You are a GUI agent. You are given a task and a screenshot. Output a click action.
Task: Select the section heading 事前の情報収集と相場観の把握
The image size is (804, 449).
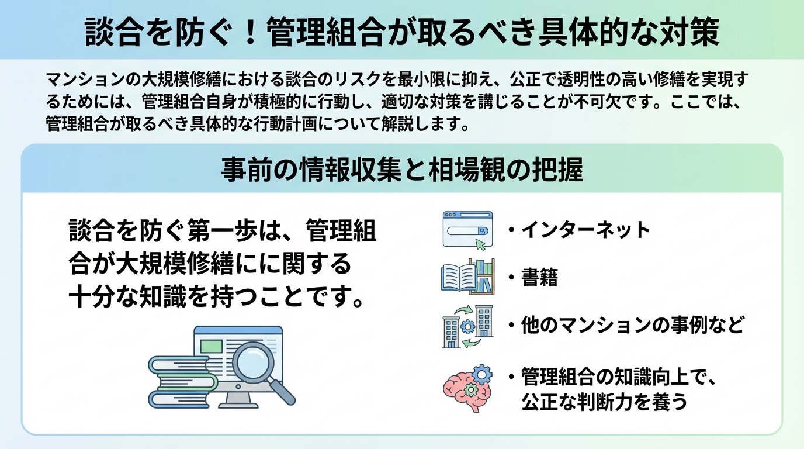point(402,170)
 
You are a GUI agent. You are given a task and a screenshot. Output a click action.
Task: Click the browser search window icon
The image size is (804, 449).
point(467,230)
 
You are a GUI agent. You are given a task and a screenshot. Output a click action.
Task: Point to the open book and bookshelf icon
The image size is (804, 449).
point(467,277)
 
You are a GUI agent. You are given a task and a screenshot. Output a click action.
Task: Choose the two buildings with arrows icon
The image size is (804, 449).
point(467,326)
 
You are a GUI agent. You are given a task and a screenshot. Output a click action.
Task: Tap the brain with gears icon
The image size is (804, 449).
point(467,384)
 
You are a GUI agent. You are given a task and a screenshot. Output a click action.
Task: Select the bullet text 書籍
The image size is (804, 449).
point(540,278)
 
